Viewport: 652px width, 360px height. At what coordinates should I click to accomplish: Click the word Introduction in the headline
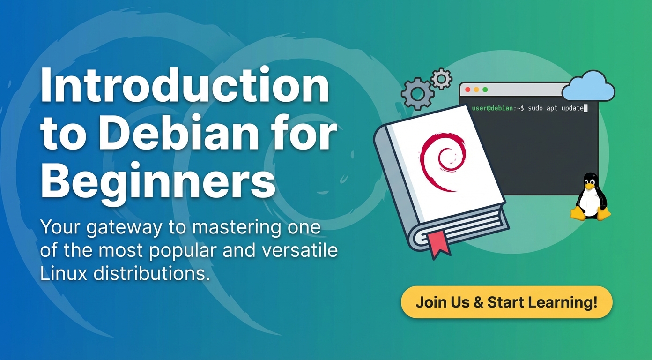click(x=185, y=85)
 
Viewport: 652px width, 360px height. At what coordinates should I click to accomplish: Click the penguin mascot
click(x=590, y=197)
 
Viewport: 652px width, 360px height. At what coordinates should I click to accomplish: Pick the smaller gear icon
click(x=441, y=79)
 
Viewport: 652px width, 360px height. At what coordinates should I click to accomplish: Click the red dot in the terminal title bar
click(x=467, y=90)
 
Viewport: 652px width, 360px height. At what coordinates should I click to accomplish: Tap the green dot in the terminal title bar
click(x=485, y=90)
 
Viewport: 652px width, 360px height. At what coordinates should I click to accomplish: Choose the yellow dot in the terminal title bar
click(x=476, y=90)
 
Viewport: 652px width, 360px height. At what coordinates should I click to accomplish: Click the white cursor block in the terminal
click(x=585, y=108)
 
